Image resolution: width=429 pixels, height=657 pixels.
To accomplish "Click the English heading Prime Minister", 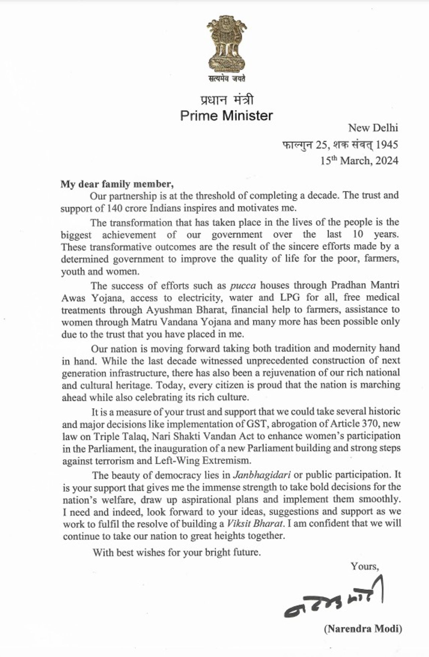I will point(227,116).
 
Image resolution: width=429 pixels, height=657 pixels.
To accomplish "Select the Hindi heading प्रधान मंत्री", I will point(227,100).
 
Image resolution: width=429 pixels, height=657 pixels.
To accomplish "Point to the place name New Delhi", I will point(373,128).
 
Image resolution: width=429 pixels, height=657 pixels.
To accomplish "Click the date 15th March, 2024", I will point(359,161).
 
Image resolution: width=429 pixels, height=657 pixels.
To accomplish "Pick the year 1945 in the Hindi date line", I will point(387,145).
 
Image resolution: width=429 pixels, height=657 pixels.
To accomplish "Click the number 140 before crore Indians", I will point(114,208).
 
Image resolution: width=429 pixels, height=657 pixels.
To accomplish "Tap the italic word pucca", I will point(243,286).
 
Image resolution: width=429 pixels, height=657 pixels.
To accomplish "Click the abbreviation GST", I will point(257,424).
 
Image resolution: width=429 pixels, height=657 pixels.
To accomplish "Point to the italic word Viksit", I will point(238,524).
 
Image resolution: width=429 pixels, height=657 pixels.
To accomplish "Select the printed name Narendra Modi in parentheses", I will point(363,628).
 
